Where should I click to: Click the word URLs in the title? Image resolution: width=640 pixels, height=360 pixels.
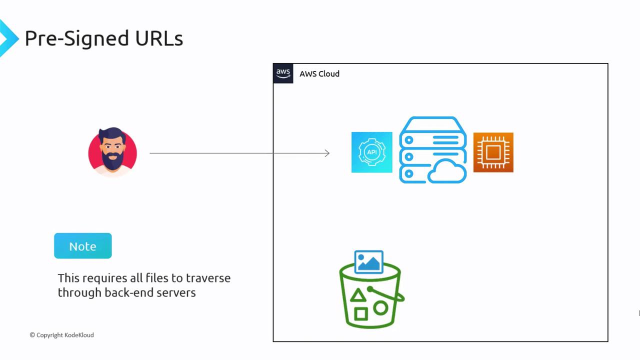coord(159,38)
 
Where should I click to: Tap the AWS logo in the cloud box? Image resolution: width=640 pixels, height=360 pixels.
coord(283,73)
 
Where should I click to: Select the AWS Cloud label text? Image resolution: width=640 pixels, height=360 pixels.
coord(319,74)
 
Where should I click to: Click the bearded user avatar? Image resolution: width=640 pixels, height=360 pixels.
coord(112,152)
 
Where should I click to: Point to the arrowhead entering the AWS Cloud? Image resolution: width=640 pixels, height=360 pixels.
coord(327,153)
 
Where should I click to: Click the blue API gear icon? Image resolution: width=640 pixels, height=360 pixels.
coord(371,152)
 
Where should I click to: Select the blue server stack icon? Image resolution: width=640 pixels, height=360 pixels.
coord(432,150)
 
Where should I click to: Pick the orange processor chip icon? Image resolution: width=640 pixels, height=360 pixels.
coord(493,152)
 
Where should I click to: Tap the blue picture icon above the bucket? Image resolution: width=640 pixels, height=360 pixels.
coord(368,262)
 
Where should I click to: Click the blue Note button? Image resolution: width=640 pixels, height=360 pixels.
coord(82,246)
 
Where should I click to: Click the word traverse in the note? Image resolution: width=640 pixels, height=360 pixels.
coord(208,278)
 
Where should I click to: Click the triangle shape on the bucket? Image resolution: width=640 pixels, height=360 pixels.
coord(357,295)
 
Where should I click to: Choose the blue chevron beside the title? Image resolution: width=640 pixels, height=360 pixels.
coord(7,38)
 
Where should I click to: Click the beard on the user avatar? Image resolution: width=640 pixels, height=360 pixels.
coord(112,160)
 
